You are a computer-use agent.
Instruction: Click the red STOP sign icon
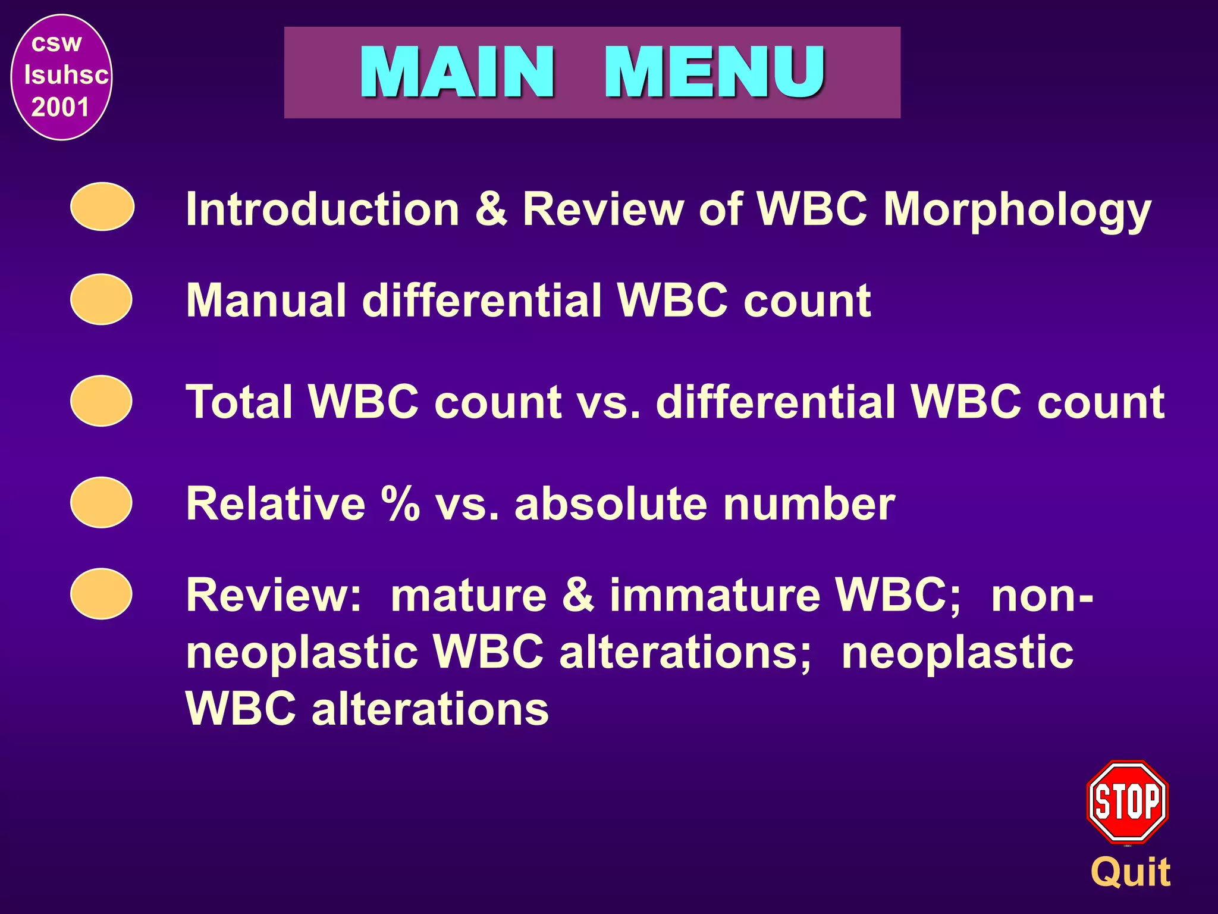(x=1127, y=802)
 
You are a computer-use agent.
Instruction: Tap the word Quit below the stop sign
(x=1131, y=873)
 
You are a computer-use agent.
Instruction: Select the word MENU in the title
(x=714, y=72)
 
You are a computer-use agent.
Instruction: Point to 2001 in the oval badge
(x=60, y=108)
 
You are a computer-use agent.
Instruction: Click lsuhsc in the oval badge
(x=66, y=75)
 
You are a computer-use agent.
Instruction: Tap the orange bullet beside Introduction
(x=102, y=206)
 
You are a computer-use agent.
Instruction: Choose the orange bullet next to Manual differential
(x=101, y=299)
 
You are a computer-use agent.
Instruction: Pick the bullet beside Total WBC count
(x=101, y=401)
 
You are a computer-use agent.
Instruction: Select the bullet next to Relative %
(x=101, y=502)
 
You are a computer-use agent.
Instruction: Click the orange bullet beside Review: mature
(x=101, y=594)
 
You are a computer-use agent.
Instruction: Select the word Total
(x=240, y=402)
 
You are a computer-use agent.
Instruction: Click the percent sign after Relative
(x=400, y=503)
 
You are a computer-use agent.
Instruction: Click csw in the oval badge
(x=56, y=43)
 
